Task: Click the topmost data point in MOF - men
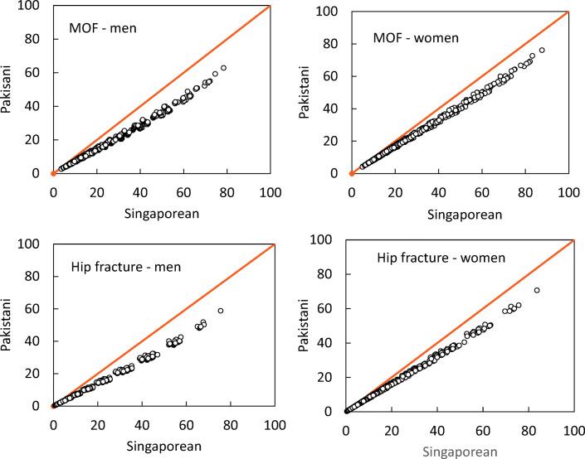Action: tap(223, 68)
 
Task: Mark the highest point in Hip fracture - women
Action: tap(537, 290)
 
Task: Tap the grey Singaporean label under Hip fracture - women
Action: tap(459, 451)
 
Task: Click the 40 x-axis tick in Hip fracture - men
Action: tap(142, 423)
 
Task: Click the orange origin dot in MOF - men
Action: tap(53, 173)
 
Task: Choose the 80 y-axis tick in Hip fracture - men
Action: tap(37, 276)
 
